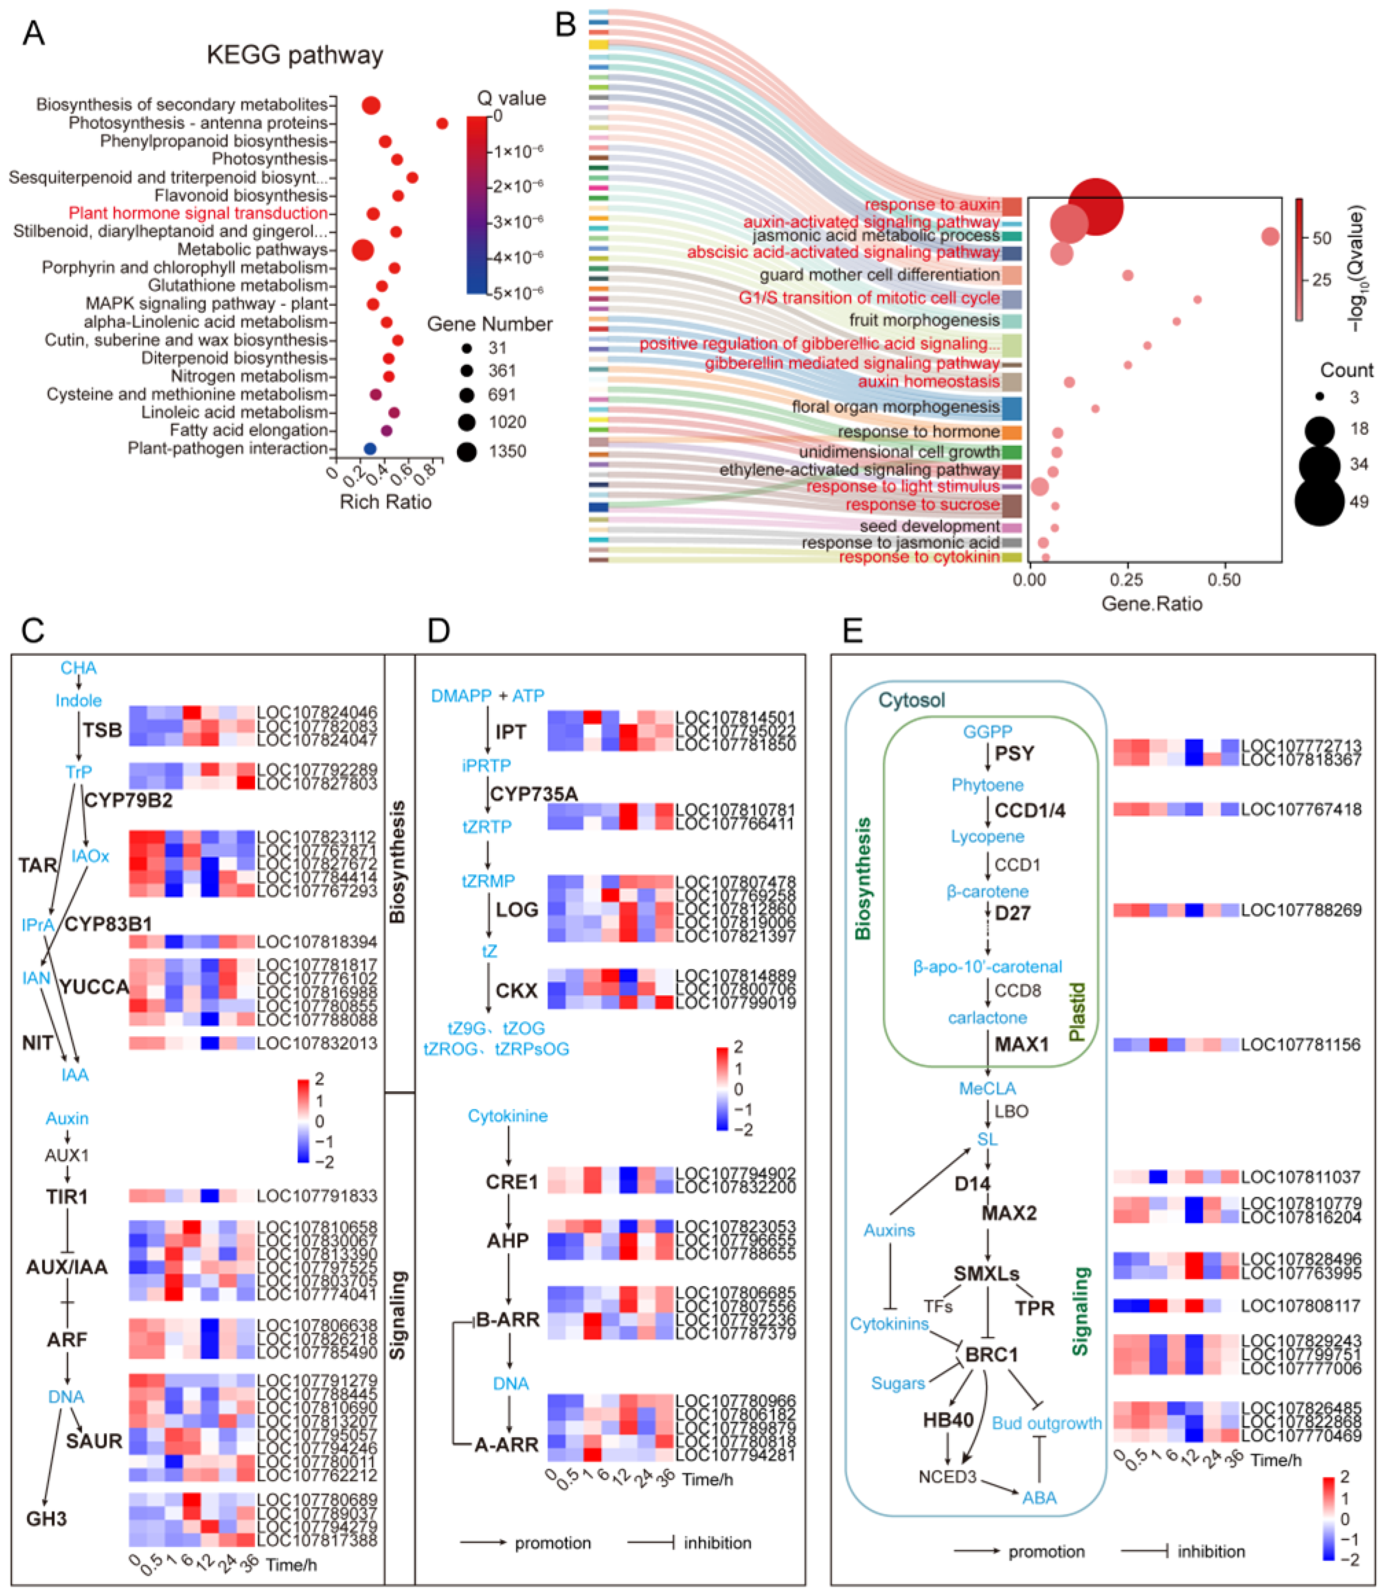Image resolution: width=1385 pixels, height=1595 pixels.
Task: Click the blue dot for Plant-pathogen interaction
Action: tap(370, 449)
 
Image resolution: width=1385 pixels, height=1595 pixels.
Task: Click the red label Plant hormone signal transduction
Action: tap(198, 213)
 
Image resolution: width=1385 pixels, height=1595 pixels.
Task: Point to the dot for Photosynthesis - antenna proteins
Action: tap(442, 123)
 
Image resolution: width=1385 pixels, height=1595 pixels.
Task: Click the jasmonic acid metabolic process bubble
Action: tap(1270, 236)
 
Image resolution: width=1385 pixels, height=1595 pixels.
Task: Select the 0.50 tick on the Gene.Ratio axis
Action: tap(1224, 579)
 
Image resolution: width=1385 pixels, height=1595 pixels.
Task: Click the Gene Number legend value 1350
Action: tap(507, 451)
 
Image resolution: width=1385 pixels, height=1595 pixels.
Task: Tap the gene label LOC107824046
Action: tap(317, 712)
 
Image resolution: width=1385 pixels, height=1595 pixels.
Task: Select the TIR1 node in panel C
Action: tap(66, 1196)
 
